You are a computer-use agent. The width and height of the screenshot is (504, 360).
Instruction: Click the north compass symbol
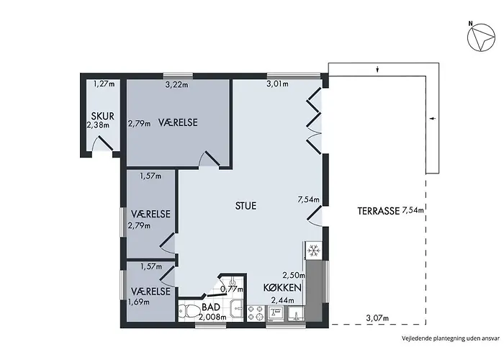pyautogui.click(x=481, y=37)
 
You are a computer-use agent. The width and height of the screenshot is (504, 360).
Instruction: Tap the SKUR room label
pyautogui.click(x=102, y=116)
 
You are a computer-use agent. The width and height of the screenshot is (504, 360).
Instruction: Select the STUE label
pyautogui.click(x=246, y=206)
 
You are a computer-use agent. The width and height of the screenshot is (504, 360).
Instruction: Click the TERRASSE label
pyautogui.click(x=378, y=211)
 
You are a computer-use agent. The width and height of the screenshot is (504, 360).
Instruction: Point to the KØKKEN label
pyautogui.click(x=282, y=288)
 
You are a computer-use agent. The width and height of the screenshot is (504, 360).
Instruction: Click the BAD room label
pyautogui.click(x=211, y=307)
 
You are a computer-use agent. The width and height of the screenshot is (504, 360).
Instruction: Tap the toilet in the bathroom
pyautogui.click(x=189, y=311)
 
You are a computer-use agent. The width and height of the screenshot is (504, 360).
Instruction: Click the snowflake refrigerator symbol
pyautogui.click(x=313, y=250)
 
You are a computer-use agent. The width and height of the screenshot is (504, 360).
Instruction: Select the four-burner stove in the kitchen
pyautogui.click(x=256, y=313)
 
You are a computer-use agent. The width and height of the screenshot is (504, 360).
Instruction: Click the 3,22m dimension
pyautogui.click(x=177, y=85)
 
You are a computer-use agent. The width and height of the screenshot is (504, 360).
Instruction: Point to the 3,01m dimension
pyautogui.click(x=277, y=84)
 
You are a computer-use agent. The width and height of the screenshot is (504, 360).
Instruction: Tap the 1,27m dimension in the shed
pyautogui.click(x=104, y=84)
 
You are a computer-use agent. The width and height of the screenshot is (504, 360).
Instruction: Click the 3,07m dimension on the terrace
pyautogui.click(x=377, y=318)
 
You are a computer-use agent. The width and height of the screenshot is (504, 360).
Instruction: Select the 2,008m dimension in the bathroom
pyautogui.click(x=212, y=318)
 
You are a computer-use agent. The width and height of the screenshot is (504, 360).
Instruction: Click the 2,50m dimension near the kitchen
pyautogui.click(x=294, y=275)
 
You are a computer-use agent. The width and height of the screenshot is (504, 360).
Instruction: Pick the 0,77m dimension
pyautogui.click(x=232, y=289)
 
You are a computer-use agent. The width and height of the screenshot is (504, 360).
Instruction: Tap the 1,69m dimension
pyautogui.click(x=139, y=302)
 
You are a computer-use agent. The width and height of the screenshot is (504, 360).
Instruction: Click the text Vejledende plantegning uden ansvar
pyautogui.click(x=451, y=338)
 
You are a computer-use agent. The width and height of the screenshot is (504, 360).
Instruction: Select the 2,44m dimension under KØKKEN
pyautogui.click(x=283, y=300)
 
